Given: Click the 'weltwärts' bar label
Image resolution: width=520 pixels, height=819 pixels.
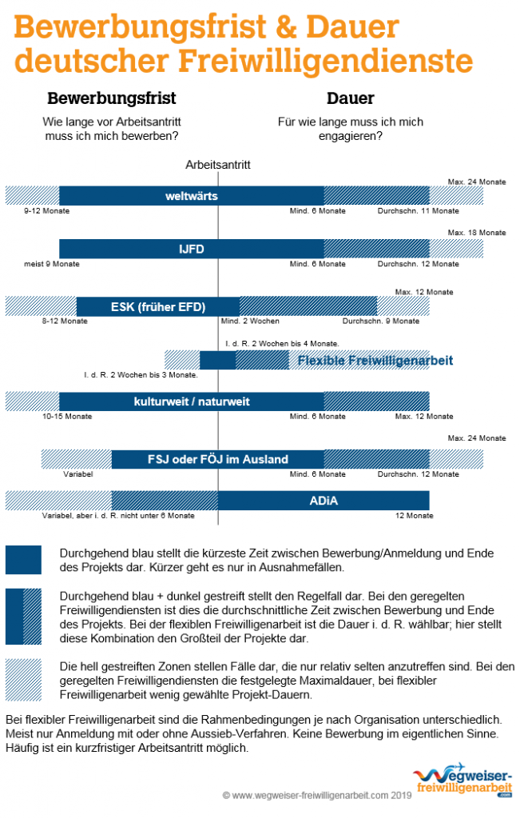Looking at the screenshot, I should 191,196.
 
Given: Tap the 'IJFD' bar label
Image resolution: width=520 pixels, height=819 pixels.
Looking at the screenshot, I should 191,250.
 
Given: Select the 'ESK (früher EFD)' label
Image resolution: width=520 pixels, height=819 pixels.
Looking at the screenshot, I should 158,306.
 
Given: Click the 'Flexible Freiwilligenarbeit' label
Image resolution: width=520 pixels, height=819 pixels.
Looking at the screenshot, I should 375,360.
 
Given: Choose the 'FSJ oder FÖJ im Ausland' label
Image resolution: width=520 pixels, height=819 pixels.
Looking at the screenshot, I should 218,459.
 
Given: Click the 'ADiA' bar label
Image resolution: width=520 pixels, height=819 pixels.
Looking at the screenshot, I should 324,501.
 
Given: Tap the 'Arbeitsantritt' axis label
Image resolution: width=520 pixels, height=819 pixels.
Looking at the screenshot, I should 218,165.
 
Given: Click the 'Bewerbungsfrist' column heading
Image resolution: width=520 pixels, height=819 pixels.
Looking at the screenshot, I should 112,99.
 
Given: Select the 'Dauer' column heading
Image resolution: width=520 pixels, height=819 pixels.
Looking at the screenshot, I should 350,99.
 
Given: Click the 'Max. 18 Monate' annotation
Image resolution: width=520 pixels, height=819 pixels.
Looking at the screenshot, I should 477,233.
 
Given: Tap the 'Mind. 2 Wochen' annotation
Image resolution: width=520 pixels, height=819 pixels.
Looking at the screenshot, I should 250,321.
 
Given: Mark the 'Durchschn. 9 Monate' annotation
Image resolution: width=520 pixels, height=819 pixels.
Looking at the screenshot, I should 381,321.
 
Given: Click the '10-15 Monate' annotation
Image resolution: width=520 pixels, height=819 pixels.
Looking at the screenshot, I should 68,417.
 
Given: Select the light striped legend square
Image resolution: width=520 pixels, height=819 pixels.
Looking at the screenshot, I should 23,674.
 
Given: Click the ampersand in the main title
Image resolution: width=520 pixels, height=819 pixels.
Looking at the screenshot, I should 293,27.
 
